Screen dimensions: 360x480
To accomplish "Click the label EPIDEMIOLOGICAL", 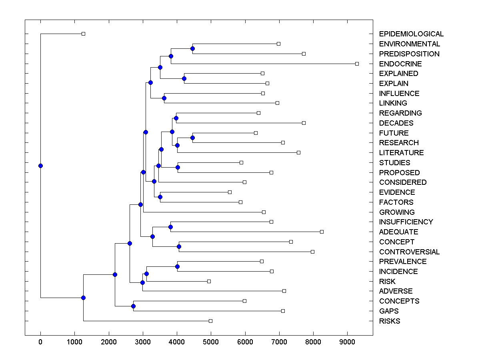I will tap(411, 34).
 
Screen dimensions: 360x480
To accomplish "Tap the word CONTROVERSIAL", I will tap(409, 252).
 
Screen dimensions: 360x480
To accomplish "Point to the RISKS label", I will tap(390, 321).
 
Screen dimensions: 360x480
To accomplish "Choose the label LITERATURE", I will tap(401, 153).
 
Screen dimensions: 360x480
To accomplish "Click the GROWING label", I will tap(397, 212).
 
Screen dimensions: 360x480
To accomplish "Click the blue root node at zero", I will tap(40, 166).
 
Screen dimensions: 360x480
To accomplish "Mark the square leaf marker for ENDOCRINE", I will tap(357, 64).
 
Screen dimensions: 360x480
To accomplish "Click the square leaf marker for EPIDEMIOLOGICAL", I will tap(83, 34).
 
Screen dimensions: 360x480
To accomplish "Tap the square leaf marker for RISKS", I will tap(211, 321).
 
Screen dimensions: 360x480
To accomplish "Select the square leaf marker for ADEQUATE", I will tap(322, 232).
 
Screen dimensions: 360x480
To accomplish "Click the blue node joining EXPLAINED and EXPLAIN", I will tap(184, 78).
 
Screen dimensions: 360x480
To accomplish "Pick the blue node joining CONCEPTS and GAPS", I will tap(133, 306).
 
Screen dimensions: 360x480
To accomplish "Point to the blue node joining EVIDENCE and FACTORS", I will tap(160, 197).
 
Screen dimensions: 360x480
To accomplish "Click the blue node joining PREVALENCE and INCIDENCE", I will tap(177, 266).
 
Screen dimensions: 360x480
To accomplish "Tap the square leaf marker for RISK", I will tap(209, 281).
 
